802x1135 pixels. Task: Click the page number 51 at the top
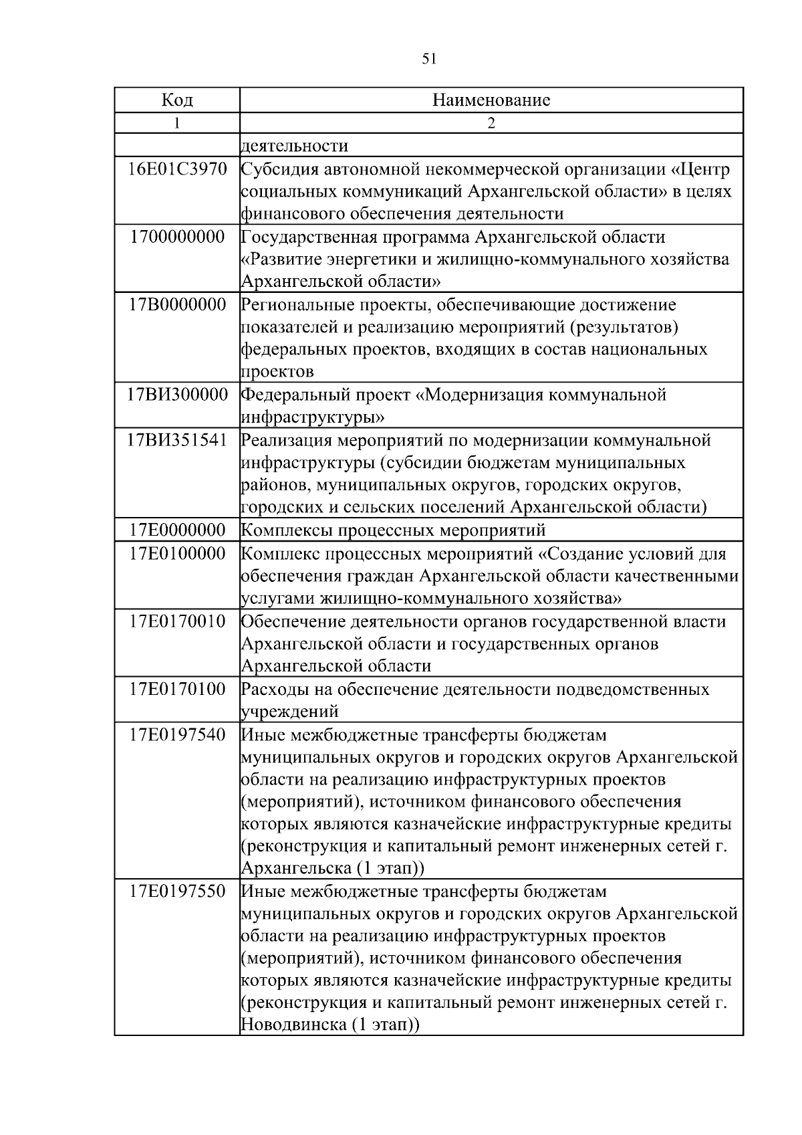click(x=429, y=59)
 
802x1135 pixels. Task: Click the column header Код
click(x=177, y=100)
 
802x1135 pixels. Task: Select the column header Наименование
click(x=491, y=100)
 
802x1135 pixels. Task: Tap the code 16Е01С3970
click(x=177, y=169)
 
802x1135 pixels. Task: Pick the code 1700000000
click(x=177, y=237)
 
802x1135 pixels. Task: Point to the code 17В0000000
click(x=177, y=305)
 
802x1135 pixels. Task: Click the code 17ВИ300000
click(x=177, y=395)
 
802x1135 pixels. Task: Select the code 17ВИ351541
click(x=177, y=440)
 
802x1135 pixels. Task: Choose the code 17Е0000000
click(x=177, y=530)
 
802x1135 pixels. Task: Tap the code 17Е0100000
click(x=177, y=554)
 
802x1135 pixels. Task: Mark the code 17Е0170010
click(x=177, y=621)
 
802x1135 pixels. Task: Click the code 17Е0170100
click(x=177, y=689)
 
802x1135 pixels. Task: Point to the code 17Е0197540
click(x=177, y=734)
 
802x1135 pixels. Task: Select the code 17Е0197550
click(x=177, y=892)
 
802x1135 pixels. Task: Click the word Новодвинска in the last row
click(x=293, y=1025)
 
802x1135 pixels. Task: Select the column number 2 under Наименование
click(x=491, y=123)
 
